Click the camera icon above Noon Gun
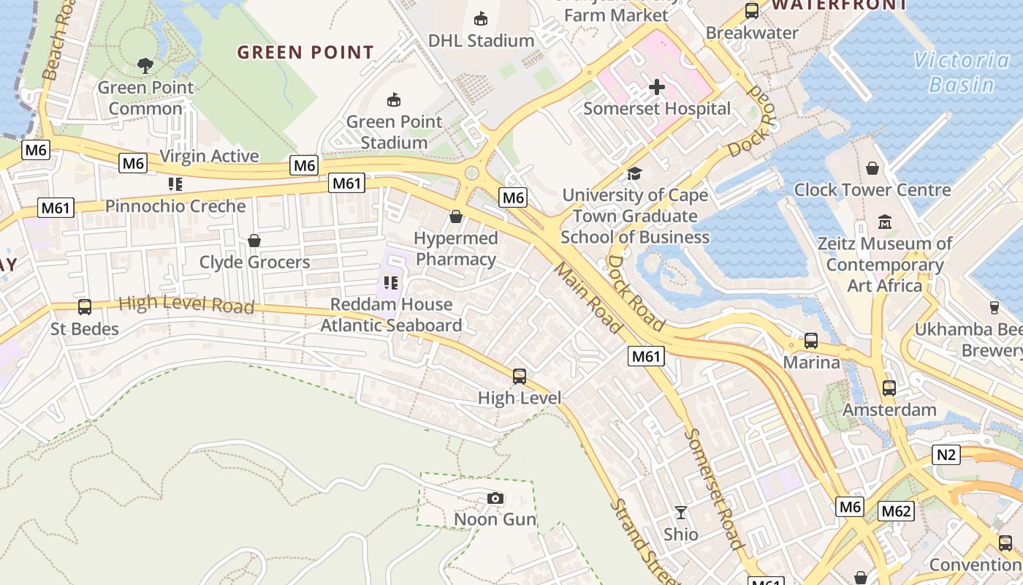(495, 499)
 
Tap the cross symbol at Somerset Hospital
(657, 88)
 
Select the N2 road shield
(946, 455)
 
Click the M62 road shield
(896, 511)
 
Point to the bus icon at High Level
(520, 377)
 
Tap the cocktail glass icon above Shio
(681, 513)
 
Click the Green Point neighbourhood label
(305, 53)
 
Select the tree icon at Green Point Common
(145, 66)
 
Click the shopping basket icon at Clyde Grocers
(254, 241)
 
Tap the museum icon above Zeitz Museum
(885, 222)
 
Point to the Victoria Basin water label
(961, 72)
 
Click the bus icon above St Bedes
(85, 307)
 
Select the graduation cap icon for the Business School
(634, 173)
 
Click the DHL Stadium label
(481, 40)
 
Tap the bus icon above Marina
(811, 341)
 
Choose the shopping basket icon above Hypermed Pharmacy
(456, 216)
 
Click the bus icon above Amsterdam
(889, 388)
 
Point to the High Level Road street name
(186, 304)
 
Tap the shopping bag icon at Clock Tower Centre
(872, 168)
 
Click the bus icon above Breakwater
(752, 11)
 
